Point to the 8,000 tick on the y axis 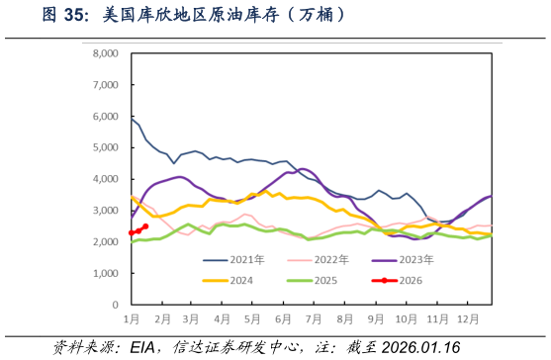[105, 53]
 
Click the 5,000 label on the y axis [105, 148]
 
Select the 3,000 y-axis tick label [105, 211]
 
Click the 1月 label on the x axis [131, 318]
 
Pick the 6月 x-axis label [283, 318]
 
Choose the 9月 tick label [375, 318]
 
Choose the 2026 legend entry [407, 280]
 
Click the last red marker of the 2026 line [145, 226]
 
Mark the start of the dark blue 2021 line [132, 119]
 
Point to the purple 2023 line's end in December [491, 197]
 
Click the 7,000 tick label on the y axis [105, 85]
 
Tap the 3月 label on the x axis [192, 318]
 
